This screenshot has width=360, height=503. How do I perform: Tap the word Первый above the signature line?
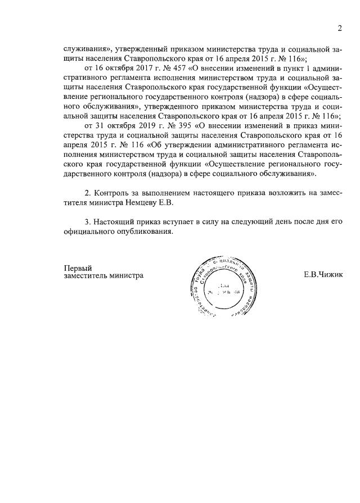(78, 268)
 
